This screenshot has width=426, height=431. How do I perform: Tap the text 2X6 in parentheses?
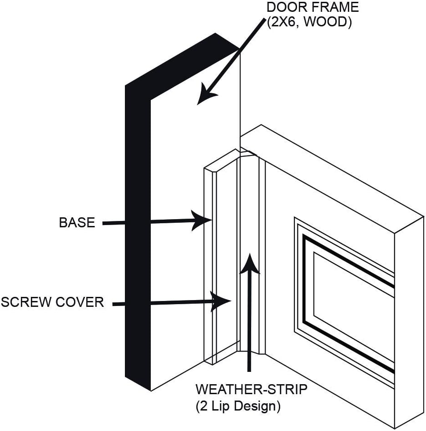(285, 22)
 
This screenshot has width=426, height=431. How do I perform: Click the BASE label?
(77, 223)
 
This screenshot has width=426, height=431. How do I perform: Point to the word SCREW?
(25, 302)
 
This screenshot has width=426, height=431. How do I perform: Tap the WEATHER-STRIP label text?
(251, 390)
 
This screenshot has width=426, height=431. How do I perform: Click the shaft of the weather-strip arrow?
(248, 327)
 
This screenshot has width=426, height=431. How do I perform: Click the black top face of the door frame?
(182, 59)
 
